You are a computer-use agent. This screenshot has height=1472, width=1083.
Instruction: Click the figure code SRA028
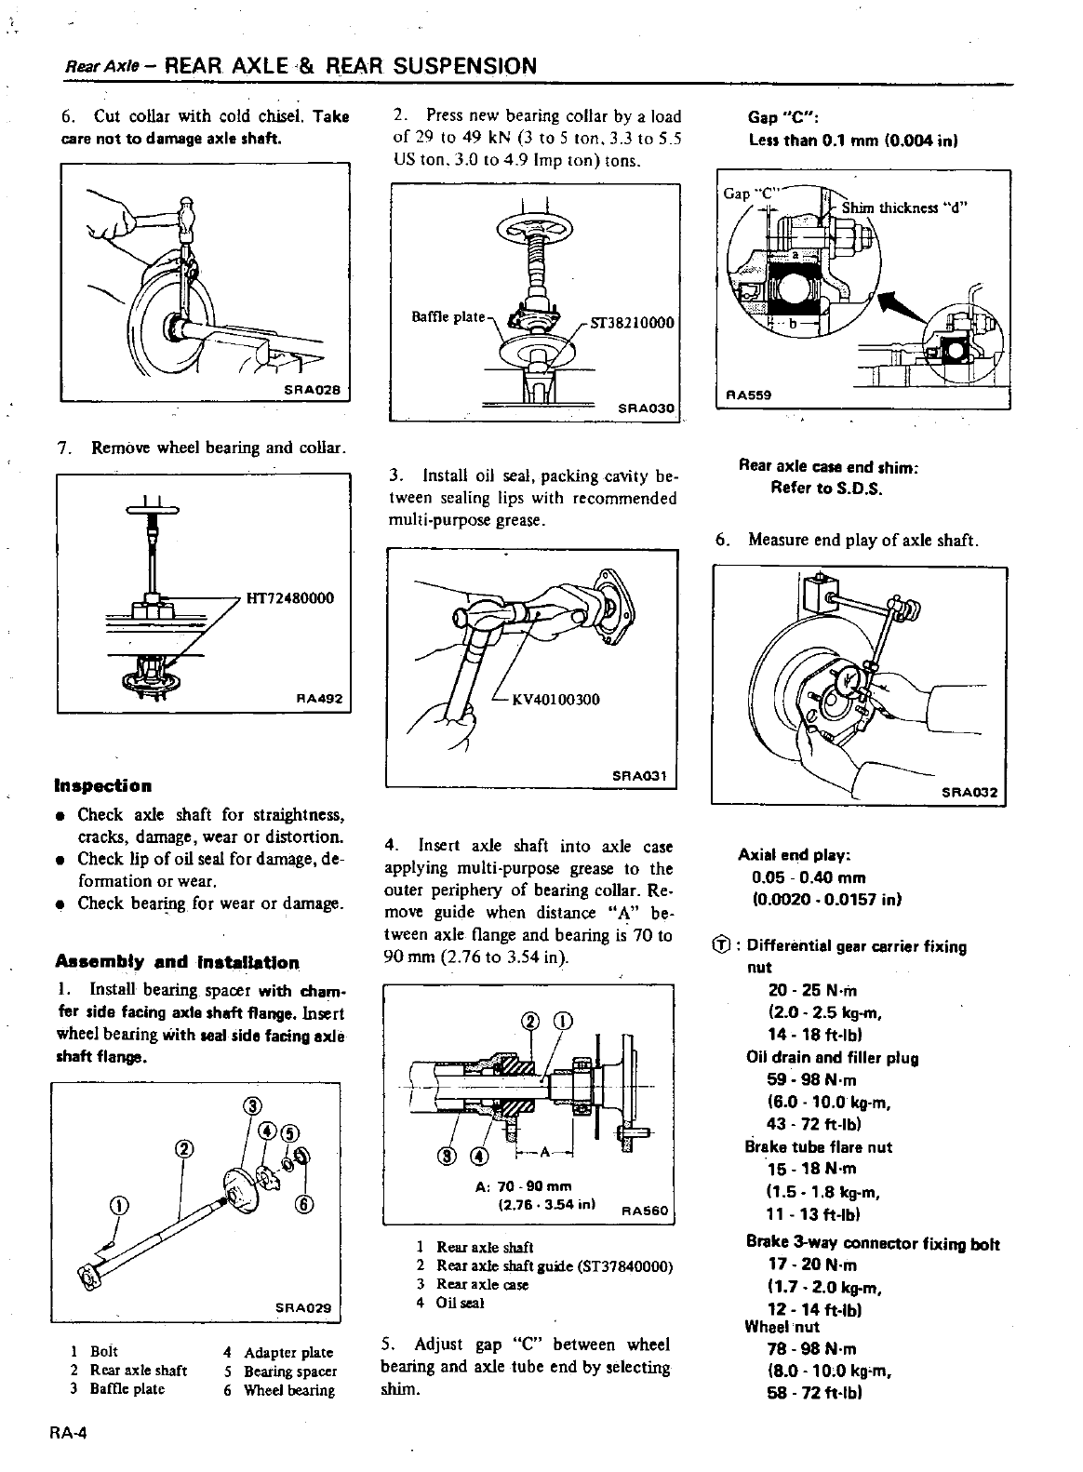pos(313,389)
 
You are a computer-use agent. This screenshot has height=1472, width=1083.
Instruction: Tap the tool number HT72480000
pos(288,598)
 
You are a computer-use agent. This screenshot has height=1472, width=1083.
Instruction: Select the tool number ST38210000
pos(630,324)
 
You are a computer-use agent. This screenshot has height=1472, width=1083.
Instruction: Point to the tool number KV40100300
pos(555,700)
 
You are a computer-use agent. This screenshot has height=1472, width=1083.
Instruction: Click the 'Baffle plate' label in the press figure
pos(448,317)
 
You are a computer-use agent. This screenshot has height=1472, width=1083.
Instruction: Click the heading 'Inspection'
pos(103,786)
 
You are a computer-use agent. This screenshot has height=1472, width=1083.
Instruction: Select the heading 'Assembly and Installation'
pos(177,962)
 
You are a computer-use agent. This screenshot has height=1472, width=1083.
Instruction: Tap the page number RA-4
pos(69,1434)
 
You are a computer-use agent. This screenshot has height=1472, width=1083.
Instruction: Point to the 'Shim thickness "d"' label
pos(904,207)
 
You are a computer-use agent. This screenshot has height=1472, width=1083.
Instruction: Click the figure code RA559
pos(750,394)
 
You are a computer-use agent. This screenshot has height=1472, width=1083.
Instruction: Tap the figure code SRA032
pos(969,793)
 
